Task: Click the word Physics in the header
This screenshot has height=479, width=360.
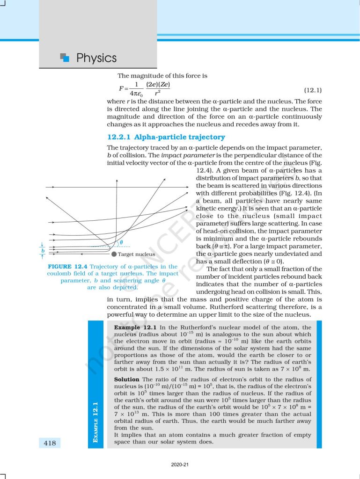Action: (x=96, y=58)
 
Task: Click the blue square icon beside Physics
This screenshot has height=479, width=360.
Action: (x=65, y=58)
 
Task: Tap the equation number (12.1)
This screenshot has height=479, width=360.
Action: (x=313, y=89)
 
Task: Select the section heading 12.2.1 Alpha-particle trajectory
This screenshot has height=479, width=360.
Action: (x=166, y=137)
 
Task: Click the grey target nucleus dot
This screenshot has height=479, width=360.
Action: (x=114, y=254)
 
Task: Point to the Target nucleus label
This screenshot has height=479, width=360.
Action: (x=136, y=254)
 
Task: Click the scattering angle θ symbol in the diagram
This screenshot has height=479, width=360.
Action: (x=121, y=242)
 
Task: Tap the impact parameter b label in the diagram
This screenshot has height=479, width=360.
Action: (x=43, y=250)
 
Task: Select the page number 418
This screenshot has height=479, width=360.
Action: (x=49, y=443)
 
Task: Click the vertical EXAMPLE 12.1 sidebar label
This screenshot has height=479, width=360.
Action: (x=96, y=415)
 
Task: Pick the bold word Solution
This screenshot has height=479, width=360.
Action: (x=127, y=379)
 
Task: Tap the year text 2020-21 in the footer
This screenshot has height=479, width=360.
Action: (x=180, y=465)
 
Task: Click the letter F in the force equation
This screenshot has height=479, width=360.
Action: (x=121, y=88)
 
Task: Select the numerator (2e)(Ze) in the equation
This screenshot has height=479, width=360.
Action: (x=158, y=85)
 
